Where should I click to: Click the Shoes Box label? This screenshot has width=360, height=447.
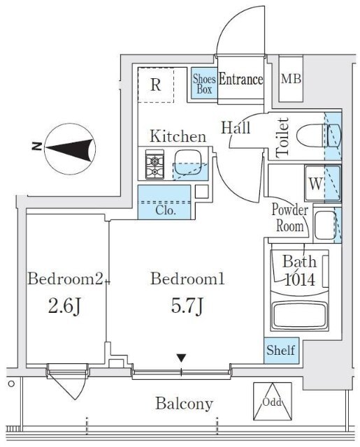(204, 84)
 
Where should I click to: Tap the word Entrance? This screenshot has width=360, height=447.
(240, 79)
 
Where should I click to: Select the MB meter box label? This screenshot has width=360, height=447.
(291, 79)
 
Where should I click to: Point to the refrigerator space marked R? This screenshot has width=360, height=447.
(156, 85)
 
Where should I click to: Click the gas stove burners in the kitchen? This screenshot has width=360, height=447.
(155, 165)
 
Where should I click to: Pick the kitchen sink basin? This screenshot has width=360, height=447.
(189, 163)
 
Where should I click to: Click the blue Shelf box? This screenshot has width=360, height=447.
(281, 351)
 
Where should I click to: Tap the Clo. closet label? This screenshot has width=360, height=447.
(165, 211)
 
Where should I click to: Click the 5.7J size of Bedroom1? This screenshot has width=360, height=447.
(187, 305)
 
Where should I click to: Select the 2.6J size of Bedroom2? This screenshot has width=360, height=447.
(65, 306)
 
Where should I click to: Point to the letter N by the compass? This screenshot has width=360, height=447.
(37, 147)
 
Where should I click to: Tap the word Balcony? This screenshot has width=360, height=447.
(185, 404)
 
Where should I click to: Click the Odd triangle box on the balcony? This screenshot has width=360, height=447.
(273, 401)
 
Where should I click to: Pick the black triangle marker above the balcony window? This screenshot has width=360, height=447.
(181, 358)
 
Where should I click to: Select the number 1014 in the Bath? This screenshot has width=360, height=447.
(301, 279)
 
